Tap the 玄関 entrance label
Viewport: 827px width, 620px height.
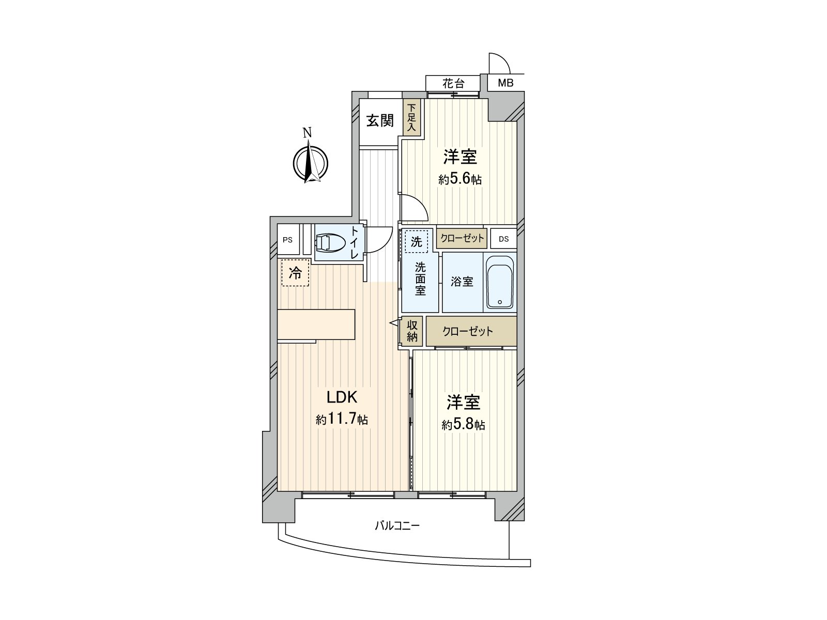coord(380,120)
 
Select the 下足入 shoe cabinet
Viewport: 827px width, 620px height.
coord(412,117)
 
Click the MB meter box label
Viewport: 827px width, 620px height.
coord(505,83)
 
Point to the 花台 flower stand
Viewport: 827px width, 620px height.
coord(453,83)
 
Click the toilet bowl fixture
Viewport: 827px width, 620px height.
coord(330,242)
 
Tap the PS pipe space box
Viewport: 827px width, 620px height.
coord(288,239)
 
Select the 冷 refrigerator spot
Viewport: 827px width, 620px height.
coord(295,273)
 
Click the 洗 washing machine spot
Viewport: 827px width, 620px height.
coord(416,241)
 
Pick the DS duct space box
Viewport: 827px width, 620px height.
coord(504,239)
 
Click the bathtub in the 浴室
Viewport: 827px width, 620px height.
coord(500,282)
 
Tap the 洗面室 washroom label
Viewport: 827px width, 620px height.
coord(420,279)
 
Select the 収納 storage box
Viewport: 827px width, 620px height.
coord(412,331)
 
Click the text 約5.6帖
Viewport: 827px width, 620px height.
coord(460,179)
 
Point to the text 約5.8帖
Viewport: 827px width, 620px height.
coord(464,425)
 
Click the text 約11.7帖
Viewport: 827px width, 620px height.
coord(342,419)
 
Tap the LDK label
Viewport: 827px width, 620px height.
coord(341,397)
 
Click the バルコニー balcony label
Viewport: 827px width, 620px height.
coord(397,525)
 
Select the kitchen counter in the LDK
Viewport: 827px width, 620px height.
coord(316,324)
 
